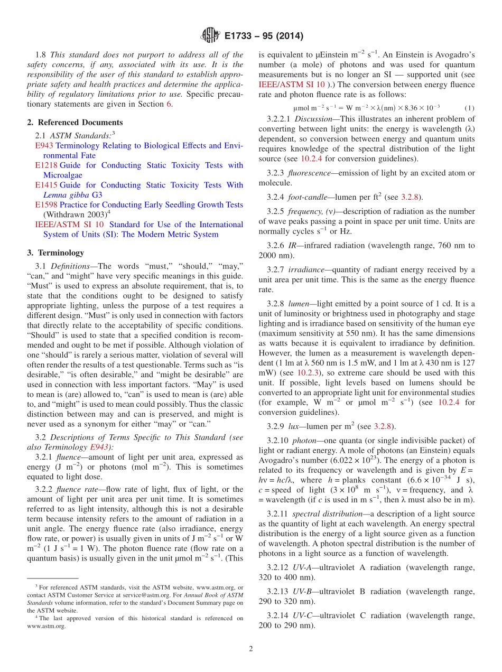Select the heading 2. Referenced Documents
click(75, 122)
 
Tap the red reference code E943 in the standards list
click(44, 145)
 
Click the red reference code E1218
click(46, 165)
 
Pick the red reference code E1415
click(46, 185)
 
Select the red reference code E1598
click(46, 204)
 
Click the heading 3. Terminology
click(55, 253)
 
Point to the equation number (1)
click(469, 108)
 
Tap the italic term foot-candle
click(306, 197)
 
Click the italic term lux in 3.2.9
click(294, 426)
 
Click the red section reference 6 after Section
click(169, 104)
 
